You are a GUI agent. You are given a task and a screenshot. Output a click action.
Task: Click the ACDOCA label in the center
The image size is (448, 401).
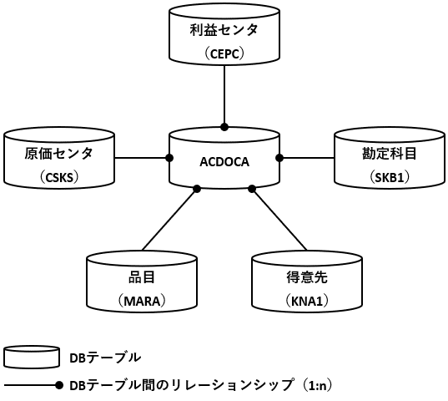224,162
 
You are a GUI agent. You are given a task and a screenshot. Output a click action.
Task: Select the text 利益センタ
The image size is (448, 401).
224,30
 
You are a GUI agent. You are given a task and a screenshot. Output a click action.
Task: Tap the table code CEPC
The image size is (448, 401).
224,53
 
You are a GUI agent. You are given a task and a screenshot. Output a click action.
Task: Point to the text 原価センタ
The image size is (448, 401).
59,154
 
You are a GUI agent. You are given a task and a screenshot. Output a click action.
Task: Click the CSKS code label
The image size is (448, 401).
59,178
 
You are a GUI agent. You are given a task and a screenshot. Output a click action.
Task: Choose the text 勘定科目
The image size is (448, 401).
390,154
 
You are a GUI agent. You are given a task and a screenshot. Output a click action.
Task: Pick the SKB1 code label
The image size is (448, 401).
390,178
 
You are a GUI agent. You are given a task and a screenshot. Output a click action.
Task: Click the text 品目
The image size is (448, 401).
142,277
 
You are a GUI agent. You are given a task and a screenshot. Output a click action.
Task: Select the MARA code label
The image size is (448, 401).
142,302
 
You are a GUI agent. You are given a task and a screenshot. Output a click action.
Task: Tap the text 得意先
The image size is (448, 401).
307,277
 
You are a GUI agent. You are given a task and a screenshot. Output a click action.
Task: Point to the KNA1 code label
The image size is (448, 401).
307,302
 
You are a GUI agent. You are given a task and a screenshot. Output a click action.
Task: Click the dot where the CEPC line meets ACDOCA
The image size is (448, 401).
224,127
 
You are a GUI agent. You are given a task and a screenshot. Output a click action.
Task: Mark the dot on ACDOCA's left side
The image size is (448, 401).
169,158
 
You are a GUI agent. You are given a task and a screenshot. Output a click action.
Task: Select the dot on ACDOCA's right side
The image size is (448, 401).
279,158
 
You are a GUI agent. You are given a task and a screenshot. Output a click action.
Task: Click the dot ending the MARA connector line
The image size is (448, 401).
197,189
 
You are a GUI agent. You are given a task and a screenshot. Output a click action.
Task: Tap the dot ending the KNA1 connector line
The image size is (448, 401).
252,189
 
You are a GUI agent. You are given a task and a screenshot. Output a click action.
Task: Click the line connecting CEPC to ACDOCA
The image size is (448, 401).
224,94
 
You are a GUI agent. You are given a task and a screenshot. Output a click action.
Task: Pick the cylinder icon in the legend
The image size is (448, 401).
32,357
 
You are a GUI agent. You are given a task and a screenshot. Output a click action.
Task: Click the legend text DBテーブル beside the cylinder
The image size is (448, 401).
105,358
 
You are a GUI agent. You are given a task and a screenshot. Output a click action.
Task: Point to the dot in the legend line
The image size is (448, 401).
59,385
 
